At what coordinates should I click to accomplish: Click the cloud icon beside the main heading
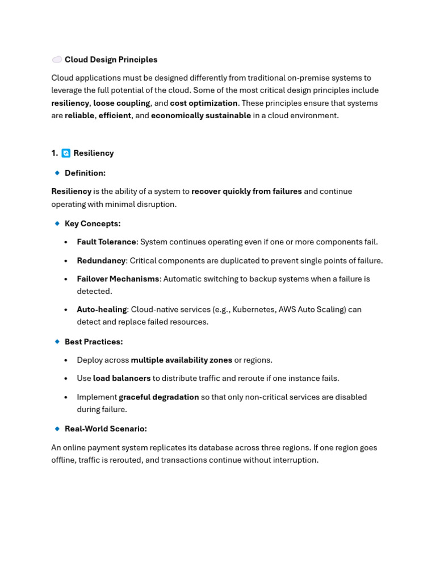point(57,60)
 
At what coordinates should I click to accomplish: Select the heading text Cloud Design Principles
point(111,60)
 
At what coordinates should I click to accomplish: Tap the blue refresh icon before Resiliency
point(66,153)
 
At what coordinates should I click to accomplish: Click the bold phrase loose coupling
point(121,103)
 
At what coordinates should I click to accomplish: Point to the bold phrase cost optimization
point(204,103)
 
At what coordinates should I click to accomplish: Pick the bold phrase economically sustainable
point(200,116)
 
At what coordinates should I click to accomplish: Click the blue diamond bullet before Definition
point(57,173)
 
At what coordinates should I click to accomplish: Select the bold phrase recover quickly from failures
point(246,192)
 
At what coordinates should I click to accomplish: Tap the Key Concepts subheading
point(93,224)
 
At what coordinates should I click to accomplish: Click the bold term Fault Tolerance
point(106,242)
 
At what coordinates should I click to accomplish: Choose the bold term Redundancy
point(101,261)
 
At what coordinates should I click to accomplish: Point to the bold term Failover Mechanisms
point(118,279)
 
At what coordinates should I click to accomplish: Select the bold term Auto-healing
point(102,310)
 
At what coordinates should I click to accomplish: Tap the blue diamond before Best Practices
point(57,342)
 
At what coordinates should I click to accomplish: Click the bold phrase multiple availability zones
point(181,360)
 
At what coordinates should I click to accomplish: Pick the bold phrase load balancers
point(121,379)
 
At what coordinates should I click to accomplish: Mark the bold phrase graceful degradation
point(158,397)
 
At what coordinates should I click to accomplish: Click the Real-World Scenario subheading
point(106,429)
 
